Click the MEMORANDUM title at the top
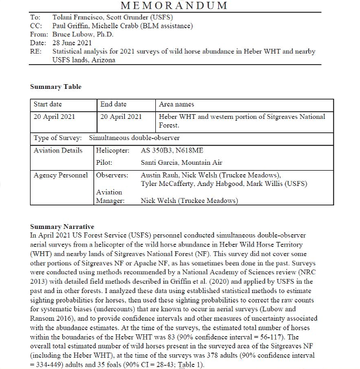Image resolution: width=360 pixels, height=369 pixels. click(x=174, y=6)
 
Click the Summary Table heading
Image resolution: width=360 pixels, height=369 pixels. click(x=56, y=87)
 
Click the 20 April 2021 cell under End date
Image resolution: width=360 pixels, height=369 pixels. click(x=121, y=117)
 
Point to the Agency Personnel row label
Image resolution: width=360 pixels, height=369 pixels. click(x=61, y=175)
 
